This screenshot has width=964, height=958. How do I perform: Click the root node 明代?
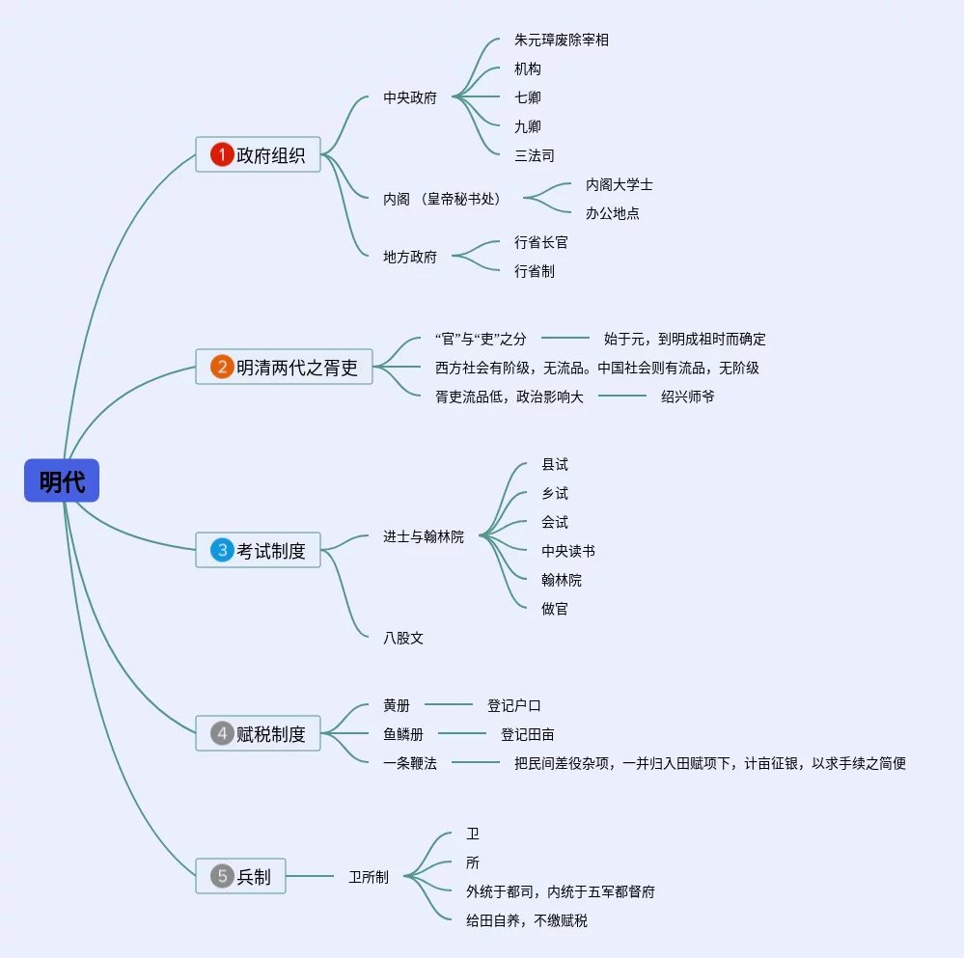(62, 480)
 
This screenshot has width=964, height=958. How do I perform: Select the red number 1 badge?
(222, 154)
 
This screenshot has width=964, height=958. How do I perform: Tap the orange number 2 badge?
(222, 367)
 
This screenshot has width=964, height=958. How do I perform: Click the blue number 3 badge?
(222, 550)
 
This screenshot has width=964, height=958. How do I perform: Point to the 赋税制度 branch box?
(258, 733)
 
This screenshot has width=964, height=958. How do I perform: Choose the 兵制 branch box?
(240, 876)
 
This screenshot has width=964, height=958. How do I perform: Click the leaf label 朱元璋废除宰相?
(562, 41)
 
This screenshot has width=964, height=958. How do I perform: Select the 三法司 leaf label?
(535, 155)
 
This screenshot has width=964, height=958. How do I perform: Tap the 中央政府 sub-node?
(410, 97)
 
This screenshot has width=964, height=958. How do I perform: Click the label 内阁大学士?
(620, 184)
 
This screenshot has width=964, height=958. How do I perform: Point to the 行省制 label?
(535, 271)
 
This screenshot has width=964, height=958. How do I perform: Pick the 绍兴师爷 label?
(688, 396)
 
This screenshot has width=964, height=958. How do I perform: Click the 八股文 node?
(403, 638)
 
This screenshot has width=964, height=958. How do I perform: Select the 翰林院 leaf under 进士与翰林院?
(562, 580)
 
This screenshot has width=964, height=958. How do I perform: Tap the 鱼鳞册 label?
(403, 734)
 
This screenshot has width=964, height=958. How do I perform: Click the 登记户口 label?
(514, 705)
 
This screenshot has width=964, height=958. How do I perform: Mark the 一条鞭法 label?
(410, 763)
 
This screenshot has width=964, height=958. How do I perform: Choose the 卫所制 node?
(369, 877)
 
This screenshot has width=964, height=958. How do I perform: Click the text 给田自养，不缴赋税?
(527, 920)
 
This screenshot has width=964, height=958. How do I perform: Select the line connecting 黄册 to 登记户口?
(449, 705)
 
